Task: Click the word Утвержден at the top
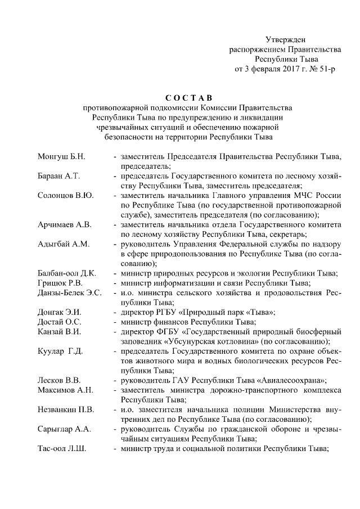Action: tap(286, 39)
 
